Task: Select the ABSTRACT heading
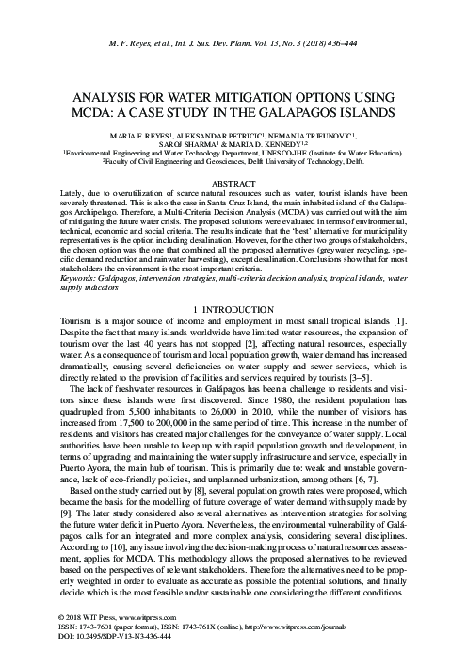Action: [x=233, y=181]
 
